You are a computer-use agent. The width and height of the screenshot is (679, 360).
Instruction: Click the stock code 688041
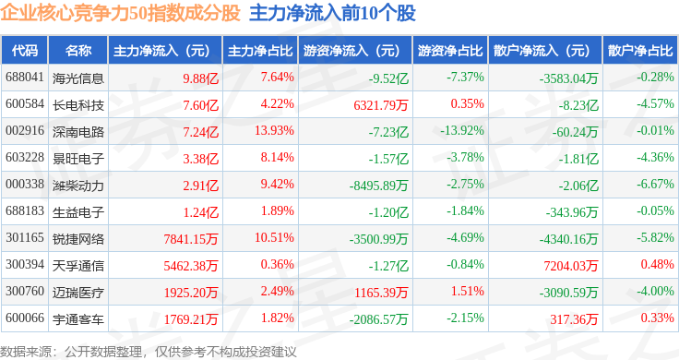click(25, 78)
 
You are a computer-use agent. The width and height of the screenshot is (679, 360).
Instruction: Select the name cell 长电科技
click(78, 105)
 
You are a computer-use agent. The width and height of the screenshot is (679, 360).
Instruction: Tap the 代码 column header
click(25, 51)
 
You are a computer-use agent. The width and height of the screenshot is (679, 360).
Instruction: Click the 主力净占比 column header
click(260, 51)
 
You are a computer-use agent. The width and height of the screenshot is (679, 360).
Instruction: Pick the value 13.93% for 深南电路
click(274, 130)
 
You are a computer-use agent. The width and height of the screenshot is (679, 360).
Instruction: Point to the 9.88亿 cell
click(200, 78)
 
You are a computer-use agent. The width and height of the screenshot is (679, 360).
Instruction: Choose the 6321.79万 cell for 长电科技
click(381, 105)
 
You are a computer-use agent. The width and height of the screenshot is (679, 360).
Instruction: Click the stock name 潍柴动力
click(78, 185)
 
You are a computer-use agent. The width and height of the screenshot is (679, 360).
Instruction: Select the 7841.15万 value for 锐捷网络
click(191, 239)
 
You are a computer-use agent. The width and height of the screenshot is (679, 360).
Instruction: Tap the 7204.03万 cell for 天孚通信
click(571, 266)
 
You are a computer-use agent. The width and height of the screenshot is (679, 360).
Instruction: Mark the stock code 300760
click(25, 291)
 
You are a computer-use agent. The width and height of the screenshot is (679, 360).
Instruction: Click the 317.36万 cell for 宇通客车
click(574, 318)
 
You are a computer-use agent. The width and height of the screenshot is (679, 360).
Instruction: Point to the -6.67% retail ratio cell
click(655, 184)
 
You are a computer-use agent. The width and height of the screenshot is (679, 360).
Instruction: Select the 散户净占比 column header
click(640, 51)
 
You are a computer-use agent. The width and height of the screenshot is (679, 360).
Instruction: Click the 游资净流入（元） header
click(351, 51)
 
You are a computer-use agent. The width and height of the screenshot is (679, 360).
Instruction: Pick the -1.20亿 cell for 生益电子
click(388, 211)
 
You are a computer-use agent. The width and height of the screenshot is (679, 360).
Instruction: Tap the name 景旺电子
click(78, 159)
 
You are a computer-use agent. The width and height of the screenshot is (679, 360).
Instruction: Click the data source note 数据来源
click(25, 352)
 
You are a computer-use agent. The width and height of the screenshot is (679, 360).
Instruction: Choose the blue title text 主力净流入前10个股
click(332, 13)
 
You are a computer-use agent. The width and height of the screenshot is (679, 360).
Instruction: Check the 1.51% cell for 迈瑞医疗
click(467, 291)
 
